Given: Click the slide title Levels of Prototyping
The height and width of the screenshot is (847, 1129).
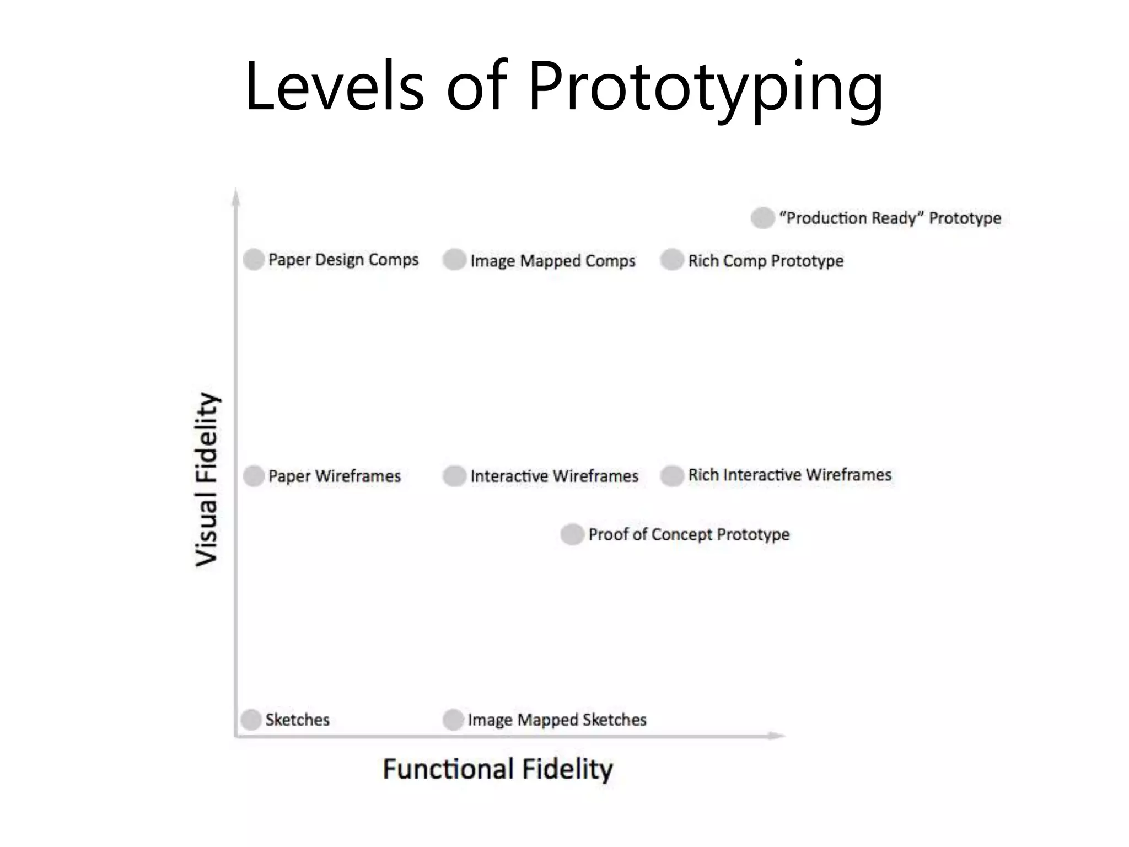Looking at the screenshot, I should click(564, 87).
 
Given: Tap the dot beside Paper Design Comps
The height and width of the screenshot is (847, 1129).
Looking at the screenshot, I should click(254, 259).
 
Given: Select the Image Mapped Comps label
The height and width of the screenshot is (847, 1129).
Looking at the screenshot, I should click(552, 261).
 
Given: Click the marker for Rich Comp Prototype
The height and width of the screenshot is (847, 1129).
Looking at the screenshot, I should click(672, 260).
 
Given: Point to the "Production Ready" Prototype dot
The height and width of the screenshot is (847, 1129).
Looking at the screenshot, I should click(763, 218).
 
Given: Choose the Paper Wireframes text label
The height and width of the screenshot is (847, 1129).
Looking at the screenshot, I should click(334, 476).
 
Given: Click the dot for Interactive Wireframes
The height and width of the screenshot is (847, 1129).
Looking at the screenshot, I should click(454, 476).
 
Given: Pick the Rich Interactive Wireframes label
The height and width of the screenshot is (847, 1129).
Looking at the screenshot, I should click(789, 475).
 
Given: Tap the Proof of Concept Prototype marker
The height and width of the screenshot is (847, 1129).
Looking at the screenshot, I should click(572, 534).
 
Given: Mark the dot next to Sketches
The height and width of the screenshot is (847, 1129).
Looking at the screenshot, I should click(251, 720).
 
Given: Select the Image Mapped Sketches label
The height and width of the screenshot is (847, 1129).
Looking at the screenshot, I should click(557, 720).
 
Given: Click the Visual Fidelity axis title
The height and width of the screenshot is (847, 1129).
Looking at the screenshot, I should click(207, 479).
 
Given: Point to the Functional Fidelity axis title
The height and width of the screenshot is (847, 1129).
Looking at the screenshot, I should click(498, 769).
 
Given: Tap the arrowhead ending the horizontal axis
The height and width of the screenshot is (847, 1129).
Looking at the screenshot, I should click(777, 736).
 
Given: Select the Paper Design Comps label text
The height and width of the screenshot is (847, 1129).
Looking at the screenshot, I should click(343, 260).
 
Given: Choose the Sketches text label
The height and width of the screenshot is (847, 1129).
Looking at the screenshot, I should click(297, 720).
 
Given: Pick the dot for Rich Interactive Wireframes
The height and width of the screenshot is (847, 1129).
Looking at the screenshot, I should click(672, 476).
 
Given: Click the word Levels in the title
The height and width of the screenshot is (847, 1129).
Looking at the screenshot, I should click(334, 87).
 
